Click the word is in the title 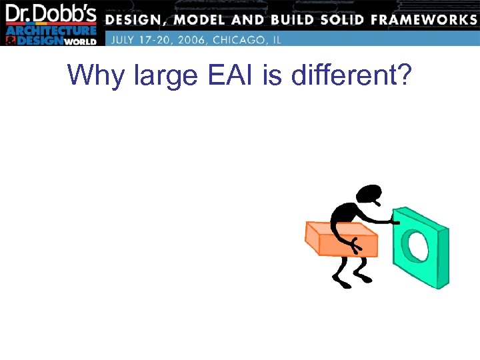(x=272, y=77)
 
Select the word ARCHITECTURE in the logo (x=52, y=29)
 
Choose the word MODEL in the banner (x=203, y=19)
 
